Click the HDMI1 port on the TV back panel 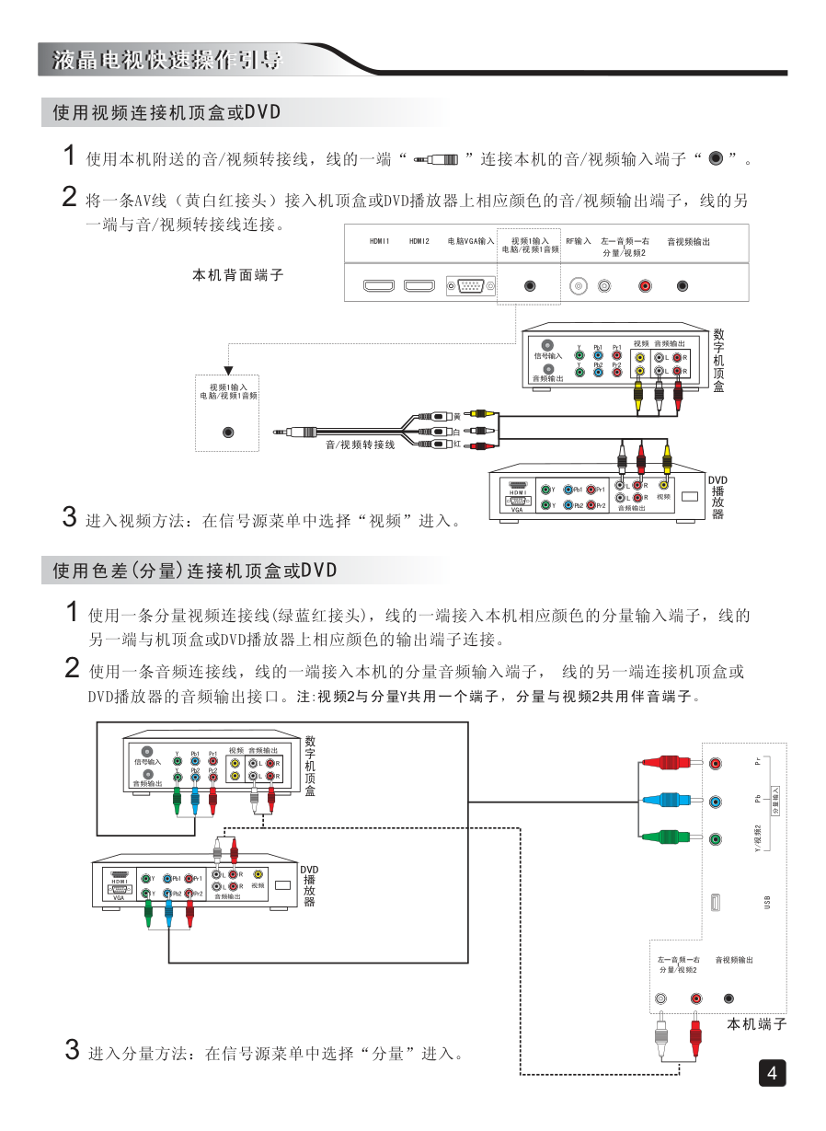tap(378, 286)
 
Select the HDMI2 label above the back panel tap(419, 241)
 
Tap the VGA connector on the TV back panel tap(471, 286)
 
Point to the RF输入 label tap(579, 241)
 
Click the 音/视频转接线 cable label tap(360, 445)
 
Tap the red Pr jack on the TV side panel tap(716, 763)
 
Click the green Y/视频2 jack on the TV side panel tap(716, 838)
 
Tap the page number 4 tap(772, 1073)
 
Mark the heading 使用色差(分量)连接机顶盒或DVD tap(195, 571)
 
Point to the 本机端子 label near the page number tap(757, 1024)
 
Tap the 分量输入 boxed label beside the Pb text tap(775, 801)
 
